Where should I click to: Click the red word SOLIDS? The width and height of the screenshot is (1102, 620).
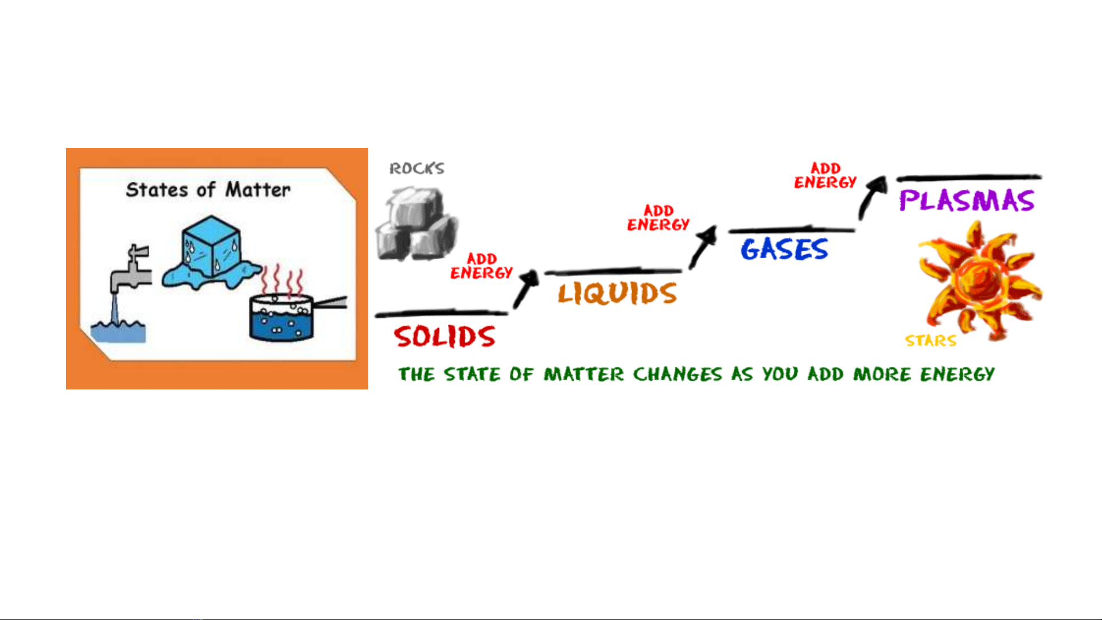(x=445, y=337)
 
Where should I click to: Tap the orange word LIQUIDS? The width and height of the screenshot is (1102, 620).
(x=617, y=293)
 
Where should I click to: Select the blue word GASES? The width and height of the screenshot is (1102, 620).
(x=784, y=249)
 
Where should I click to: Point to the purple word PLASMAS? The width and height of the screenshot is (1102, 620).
(x=967, y=201)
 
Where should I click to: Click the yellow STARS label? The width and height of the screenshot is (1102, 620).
(x=930, y=341)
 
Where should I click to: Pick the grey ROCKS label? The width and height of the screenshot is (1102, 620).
(x=417, y=169)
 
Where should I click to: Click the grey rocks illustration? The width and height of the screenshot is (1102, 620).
(x=416, y=225)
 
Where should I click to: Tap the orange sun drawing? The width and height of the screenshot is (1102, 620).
(x=979, y=281)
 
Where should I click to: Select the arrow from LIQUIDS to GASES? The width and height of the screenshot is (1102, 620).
(x=703, y=247)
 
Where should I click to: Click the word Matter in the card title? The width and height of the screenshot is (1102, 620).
(x=258, y=190)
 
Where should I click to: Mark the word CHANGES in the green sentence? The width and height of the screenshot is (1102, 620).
(x=677, y=375)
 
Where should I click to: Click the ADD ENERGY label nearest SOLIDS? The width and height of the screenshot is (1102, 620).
(x=481, y=266)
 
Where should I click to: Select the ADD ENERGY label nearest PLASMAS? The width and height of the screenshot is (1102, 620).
(x=825, y=176)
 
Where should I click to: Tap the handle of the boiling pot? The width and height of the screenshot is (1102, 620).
(x=330, y=302)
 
